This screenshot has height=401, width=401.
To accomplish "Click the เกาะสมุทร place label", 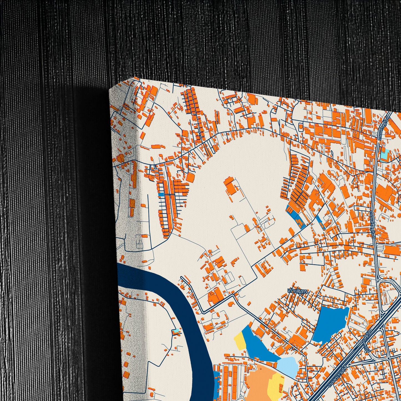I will (x=298, y=291).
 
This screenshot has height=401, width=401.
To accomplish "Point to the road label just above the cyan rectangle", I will (x=384, y=129).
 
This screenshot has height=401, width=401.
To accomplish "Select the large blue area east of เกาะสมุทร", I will (x=330, y=323).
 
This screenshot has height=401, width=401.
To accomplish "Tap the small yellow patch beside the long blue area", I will (x=239, y=340).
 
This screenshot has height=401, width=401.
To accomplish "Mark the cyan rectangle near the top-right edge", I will (x=385, y=155).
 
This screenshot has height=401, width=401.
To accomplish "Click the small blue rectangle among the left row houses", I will (x=161, y=195).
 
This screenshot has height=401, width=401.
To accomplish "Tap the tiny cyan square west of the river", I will (x=176, y=331).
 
